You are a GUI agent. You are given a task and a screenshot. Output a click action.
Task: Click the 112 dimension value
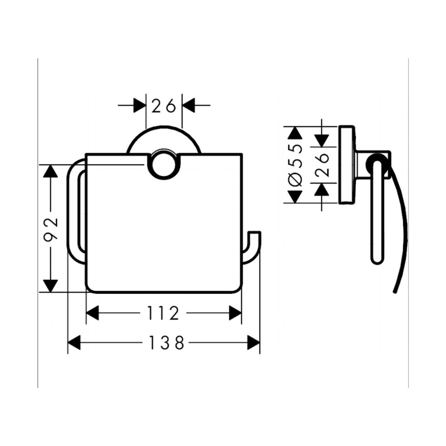[163, 313]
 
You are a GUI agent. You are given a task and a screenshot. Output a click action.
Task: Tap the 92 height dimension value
[51, 230]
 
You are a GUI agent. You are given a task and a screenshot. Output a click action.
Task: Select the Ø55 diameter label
[295, 165]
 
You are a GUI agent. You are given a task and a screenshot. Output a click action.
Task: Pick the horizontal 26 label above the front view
[164, 106]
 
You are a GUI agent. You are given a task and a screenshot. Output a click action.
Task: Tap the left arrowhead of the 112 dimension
[93, 313]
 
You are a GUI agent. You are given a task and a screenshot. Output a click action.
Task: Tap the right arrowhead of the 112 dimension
[235, 313]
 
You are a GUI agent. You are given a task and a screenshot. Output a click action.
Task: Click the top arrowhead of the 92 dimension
[51, 171]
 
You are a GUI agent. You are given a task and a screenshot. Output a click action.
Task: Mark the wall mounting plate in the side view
[346, 165]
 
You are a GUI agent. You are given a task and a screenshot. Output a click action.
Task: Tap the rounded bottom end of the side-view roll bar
[378, 261]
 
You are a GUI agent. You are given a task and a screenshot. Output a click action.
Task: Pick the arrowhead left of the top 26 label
[140, 105]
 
